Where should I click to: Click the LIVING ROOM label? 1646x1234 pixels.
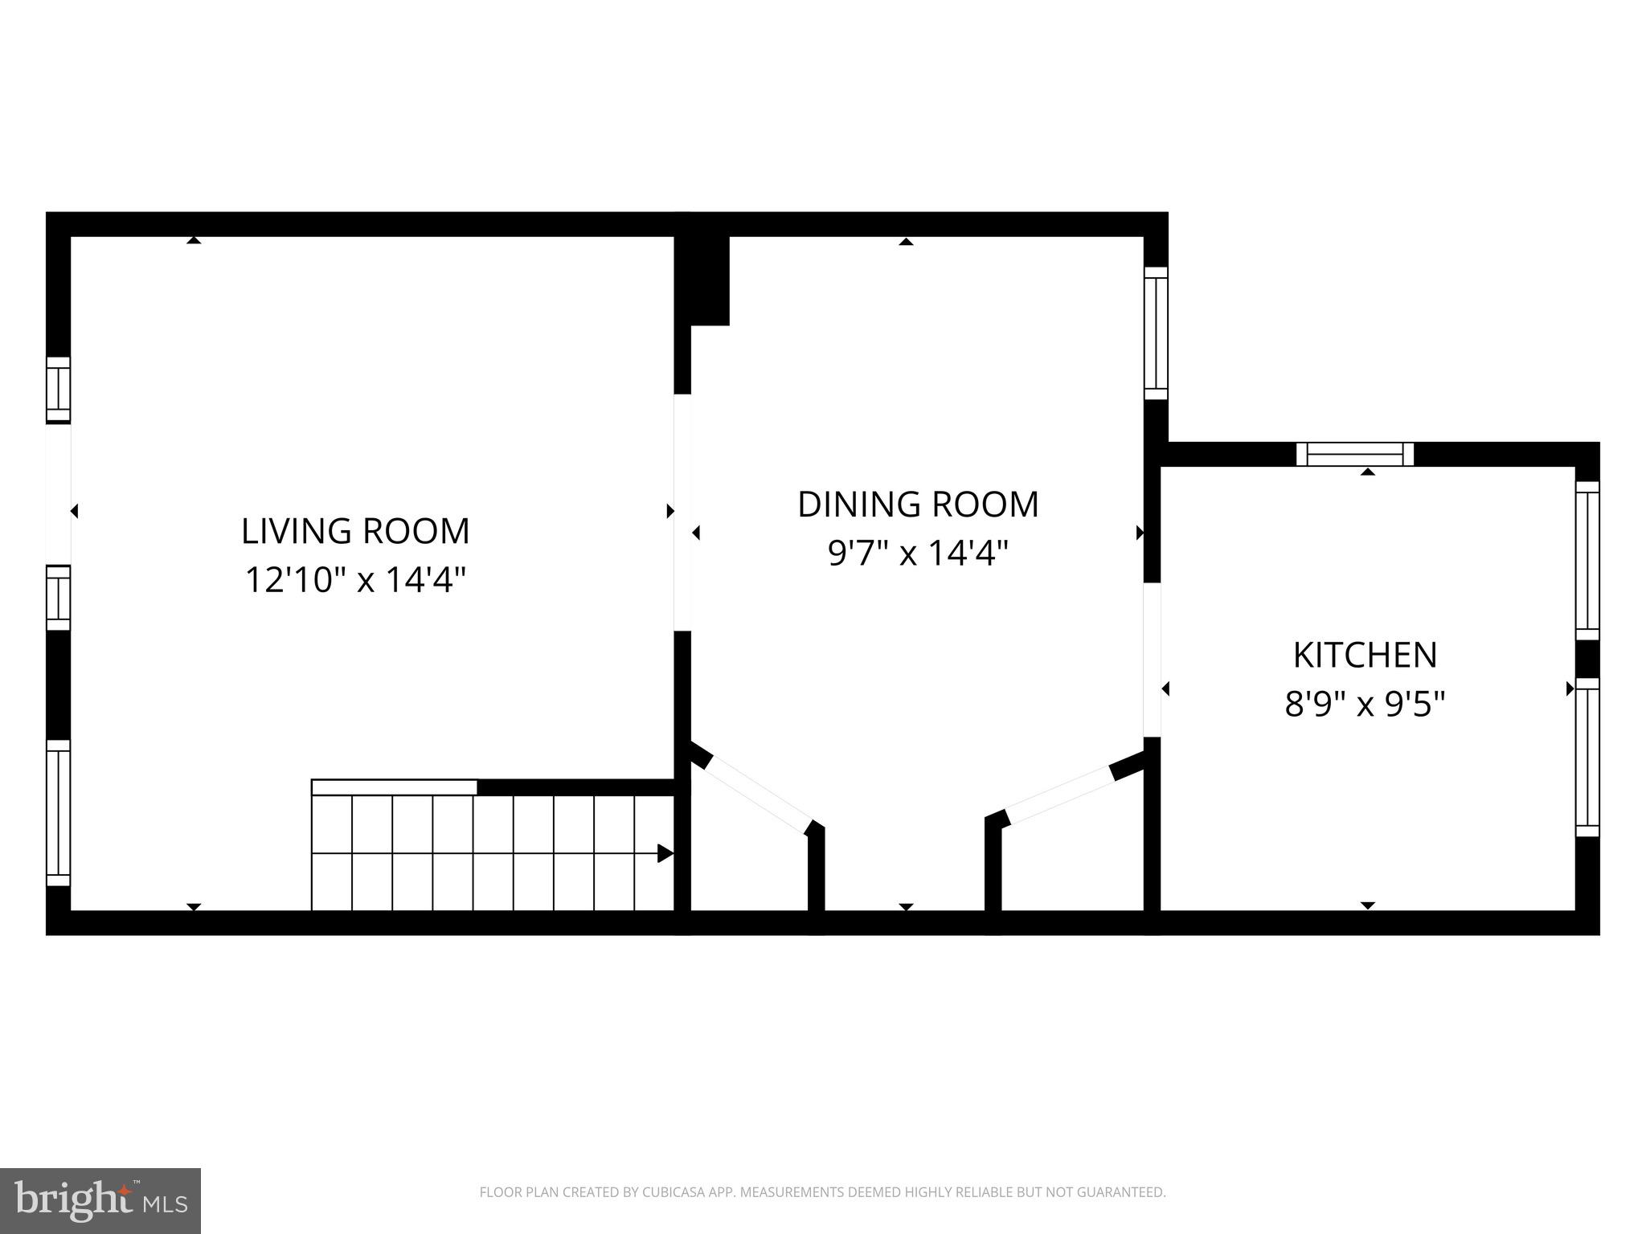point(355,531)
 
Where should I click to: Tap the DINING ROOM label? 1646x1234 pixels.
point(918,505)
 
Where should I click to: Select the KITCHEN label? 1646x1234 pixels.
point(1365,655)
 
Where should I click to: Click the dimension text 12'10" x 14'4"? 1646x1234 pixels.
point(355,579)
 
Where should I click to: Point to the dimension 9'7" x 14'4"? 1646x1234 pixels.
point(918,553)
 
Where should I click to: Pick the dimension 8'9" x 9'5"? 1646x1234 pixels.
point(1365,705)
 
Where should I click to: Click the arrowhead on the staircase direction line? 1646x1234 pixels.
point(665,853)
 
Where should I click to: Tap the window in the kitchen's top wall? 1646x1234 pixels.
point(1355,455)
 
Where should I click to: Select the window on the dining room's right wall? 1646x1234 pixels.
point(1156,333)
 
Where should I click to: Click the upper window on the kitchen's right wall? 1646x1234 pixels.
point(1587,560)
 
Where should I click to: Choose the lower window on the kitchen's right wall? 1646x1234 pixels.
point(1587,758)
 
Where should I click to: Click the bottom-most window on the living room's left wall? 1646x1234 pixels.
point(59,812)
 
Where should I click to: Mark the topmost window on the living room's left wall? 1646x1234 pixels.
point(59,390)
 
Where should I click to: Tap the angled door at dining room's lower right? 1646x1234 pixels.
point(1058,795)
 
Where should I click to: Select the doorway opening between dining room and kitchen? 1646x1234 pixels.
point(1152,659)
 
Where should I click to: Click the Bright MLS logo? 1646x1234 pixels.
point(100,1200)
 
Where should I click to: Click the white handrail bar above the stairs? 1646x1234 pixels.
point(394,787)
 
